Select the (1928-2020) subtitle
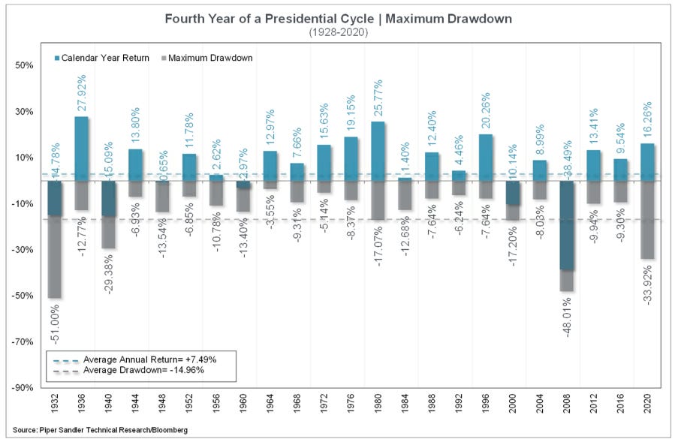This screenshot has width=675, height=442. tap(337, 32)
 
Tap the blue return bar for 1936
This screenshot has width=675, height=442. tap(81, 148)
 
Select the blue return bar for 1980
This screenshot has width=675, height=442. tap(378, 150)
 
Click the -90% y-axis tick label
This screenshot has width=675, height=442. tap(23, 387)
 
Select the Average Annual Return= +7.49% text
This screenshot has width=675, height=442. tap(149, 359)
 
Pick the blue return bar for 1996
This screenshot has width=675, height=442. tap(487, 157)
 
